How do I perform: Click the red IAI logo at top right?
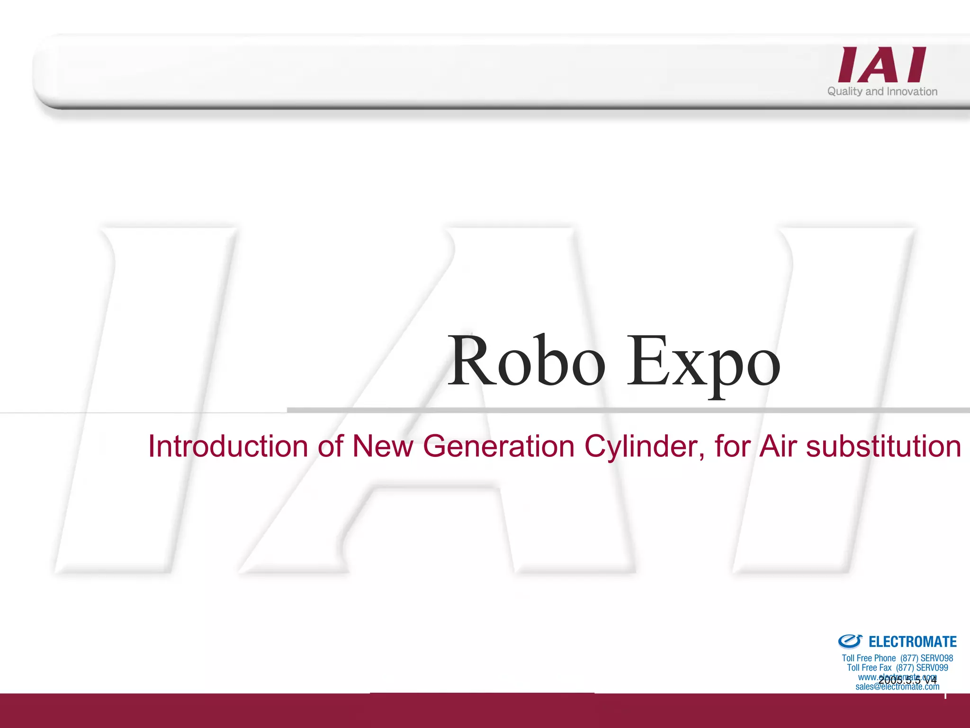pos(882,65)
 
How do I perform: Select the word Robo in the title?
pos(526,361)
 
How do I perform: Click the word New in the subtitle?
pos(383,446)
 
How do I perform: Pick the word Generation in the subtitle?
pos(499,446)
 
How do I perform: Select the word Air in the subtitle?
pos(778,446)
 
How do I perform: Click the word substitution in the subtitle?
pos(883,446)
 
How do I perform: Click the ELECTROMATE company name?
pos(913,642)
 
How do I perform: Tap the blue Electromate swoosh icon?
pos(850,641)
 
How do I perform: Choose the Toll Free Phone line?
pos(897,658)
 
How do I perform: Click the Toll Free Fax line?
pos(897,667)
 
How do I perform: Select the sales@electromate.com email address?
pos(897,687)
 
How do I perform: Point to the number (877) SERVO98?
pos(926,658)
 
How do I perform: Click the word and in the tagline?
pos(874,91)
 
